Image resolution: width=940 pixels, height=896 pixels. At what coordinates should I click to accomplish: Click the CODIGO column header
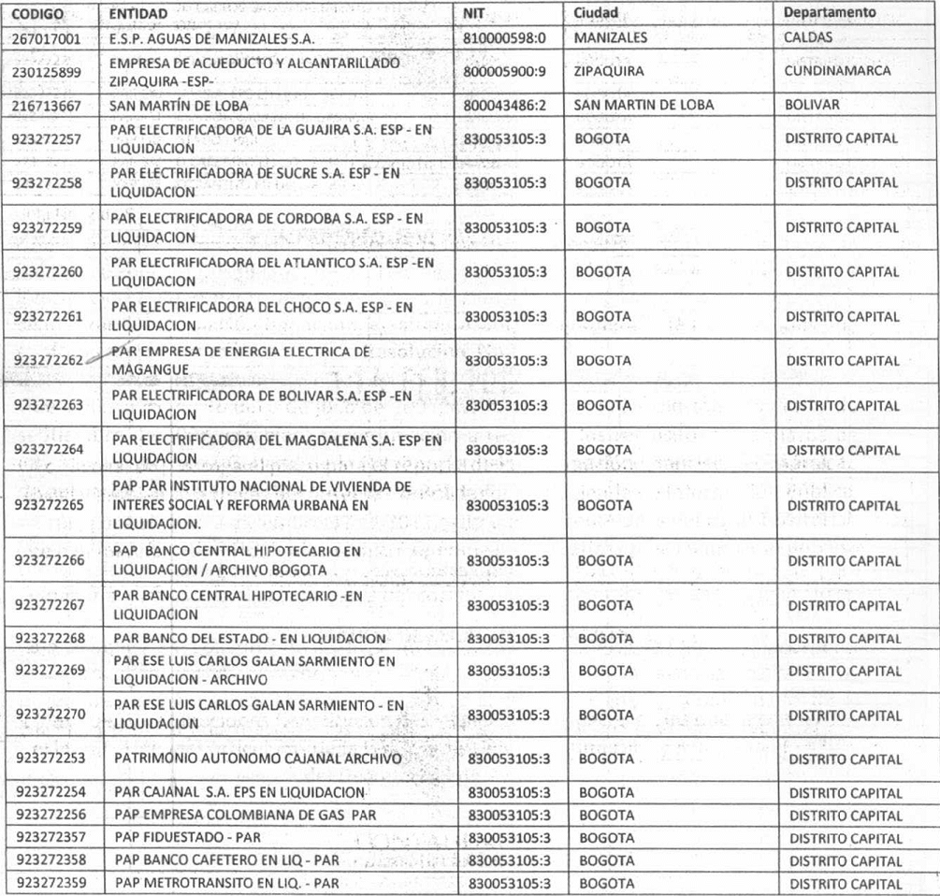(35, 16)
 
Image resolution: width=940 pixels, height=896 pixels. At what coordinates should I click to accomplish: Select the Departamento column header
(831, 15)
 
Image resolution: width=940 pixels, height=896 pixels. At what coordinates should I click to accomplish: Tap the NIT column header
(475, 16)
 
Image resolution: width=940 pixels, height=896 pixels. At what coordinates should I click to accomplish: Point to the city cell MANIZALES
(612, 39)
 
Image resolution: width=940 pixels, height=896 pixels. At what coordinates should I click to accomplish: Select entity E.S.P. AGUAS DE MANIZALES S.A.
(213, 40)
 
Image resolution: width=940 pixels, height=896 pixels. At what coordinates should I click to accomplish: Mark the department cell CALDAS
(810, 39)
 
